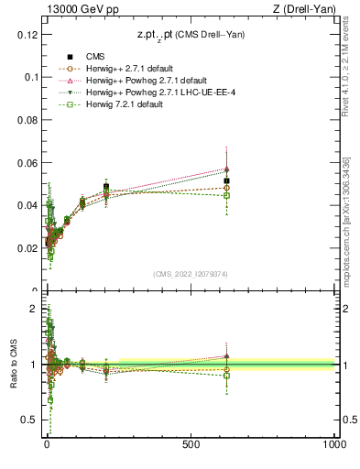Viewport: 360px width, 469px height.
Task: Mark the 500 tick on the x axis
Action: click(191, 443)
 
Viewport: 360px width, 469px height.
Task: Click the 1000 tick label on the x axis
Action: click(333, 443)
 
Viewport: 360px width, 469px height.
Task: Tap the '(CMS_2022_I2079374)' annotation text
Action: click(190, 272)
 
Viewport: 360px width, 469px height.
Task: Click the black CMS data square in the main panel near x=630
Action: click(226, 181)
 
